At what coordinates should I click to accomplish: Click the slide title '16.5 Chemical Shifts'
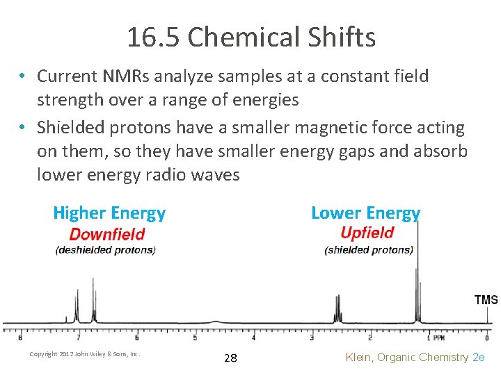pos(250,37)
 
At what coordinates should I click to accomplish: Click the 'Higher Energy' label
pos(109,213)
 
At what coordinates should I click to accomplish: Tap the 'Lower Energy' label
pos(365,213)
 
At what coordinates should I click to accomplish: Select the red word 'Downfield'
pos(106,234)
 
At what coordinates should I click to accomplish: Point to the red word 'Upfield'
pos(367,233)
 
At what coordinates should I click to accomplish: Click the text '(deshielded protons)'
pos(106,250)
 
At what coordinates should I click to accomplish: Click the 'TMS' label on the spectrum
pos(486,300)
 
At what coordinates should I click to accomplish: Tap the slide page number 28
pos(230,358)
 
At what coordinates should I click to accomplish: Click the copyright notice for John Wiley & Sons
pos(85,354)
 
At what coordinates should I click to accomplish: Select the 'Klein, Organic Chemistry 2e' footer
pos(415,357)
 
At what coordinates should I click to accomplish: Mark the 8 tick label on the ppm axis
pos(19,337)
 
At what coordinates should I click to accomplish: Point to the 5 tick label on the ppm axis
pos(195,337)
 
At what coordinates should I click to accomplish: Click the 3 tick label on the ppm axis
pos(312,337)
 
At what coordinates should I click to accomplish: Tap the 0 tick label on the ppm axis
pos(486,337)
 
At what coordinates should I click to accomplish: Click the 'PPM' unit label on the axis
pos(439,338)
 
